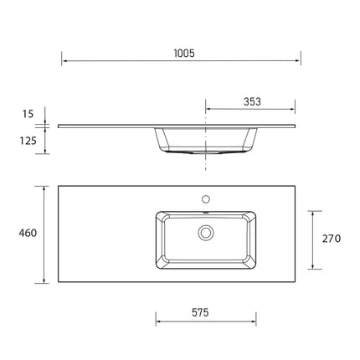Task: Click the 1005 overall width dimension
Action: click(x=184, y=54)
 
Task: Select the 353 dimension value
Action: click(x=252, y=101)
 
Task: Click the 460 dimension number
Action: click(x=26, y=233)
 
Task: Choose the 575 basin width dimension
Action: click(x=198, y=311)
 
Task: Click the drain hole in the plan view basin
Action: click(x=204, y=232)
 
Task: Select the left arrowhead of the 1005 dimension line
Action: click(x=64, y=61)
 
